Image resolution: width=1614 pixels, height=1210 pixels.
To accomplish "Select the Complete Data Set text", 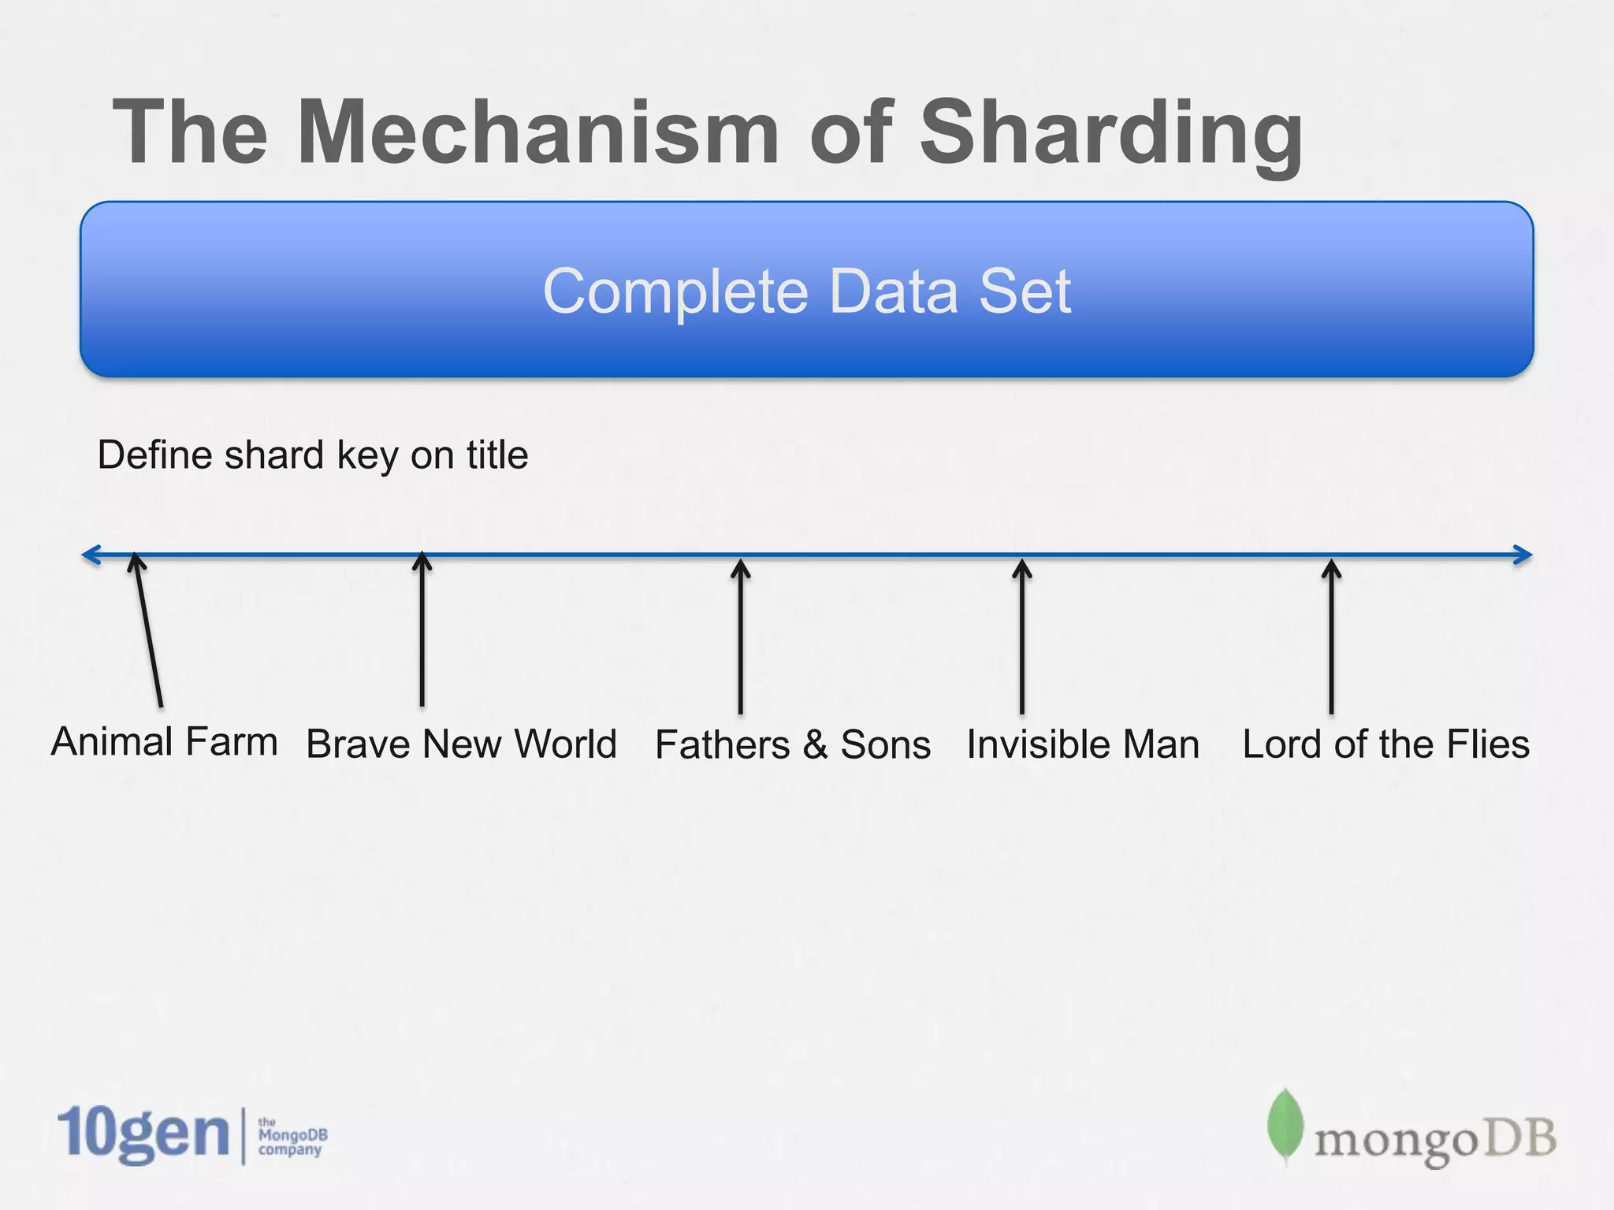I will (807, 291).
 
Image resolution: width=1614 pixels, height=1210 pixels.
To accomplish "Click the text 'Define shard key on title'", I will (312, 455).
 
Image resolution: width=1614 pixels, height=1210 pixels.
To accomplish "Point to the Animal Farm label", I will (164, 742).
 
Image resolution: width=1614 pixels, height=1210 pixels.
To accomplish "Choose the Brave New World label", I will (461, 744).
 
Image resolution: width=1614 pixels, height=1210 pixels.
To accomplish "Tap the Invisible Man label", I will (1083, 744).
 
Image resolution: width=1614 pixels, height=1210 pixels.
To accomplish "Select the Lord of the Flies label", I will (1385, 744).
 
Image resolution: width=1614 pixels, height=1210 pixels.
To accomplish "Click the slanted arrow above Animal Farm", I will (149, 630).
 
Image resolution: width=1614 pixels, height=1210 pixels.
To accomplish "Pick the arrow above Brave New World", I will (422, 630).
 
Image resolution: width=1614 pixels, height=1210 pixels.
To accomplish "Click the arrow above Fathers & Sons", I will (741, 637).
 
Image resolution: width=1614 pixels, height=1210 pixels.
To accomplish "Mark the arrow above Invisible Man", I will (1022, 637).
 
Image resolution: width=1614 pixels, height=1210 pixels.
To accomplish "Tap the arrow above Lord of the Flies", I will (1331, 637).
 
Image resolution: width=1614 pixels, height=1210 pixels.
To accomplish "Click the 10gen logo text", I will (143, 1134).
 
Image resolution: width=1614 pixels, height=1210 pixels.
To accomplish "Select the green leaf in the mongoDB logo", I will (1285, 1125).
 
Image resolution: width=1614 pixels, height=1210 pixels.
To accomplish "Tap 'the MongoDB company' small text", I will (292, 1136).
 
